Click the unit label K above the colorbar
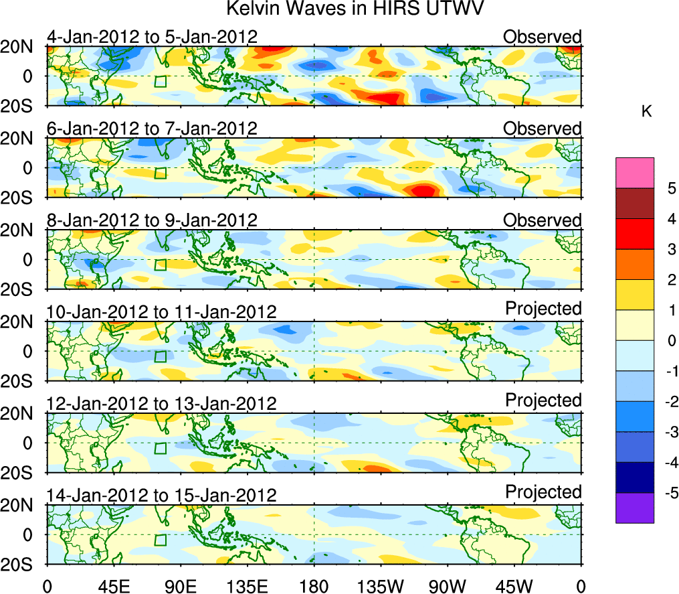pyautogui.click(x=646, y=112)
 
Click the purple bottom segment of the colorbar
pyautogui.click(x=634, y=508)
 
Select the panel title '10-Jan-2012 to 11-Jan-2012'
pyautogui.click(x=161, y=311)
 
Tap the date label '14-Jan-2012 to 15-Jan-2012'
pyautogui.click(x=161, y=496)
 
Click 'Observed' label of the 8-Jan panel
pyautogui.click(x=543, y=220)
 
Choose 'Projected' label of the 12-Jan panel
pyautogui.click(x=543, y=400)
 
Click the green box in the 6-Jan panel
pyautogui.click(x=160, y=173)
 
